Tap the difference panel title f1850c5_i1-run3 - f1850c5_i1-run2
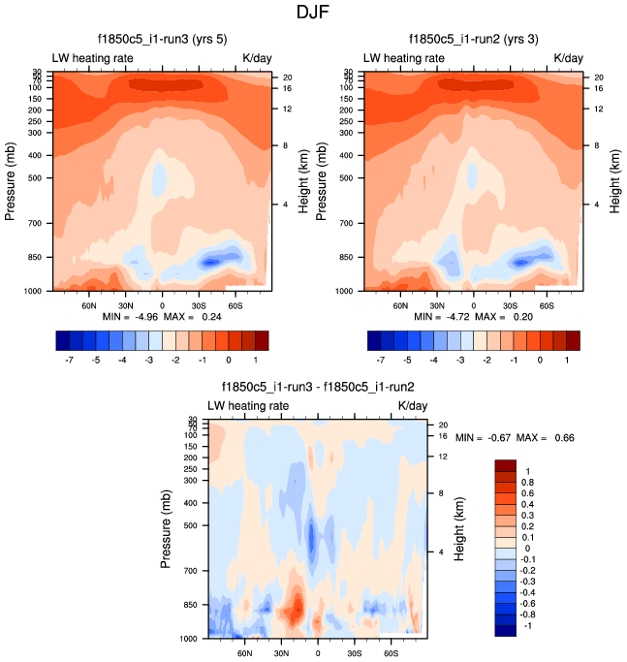click(318, 386)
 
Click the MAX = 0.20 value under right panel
click(503, 317)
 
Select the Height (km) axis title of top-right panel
click(614, 181)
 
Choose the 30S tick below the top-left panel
click(198, 304)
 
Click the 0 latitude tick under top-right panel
click(474, 304)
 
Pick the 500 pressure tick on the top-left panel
click(33, 178)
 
